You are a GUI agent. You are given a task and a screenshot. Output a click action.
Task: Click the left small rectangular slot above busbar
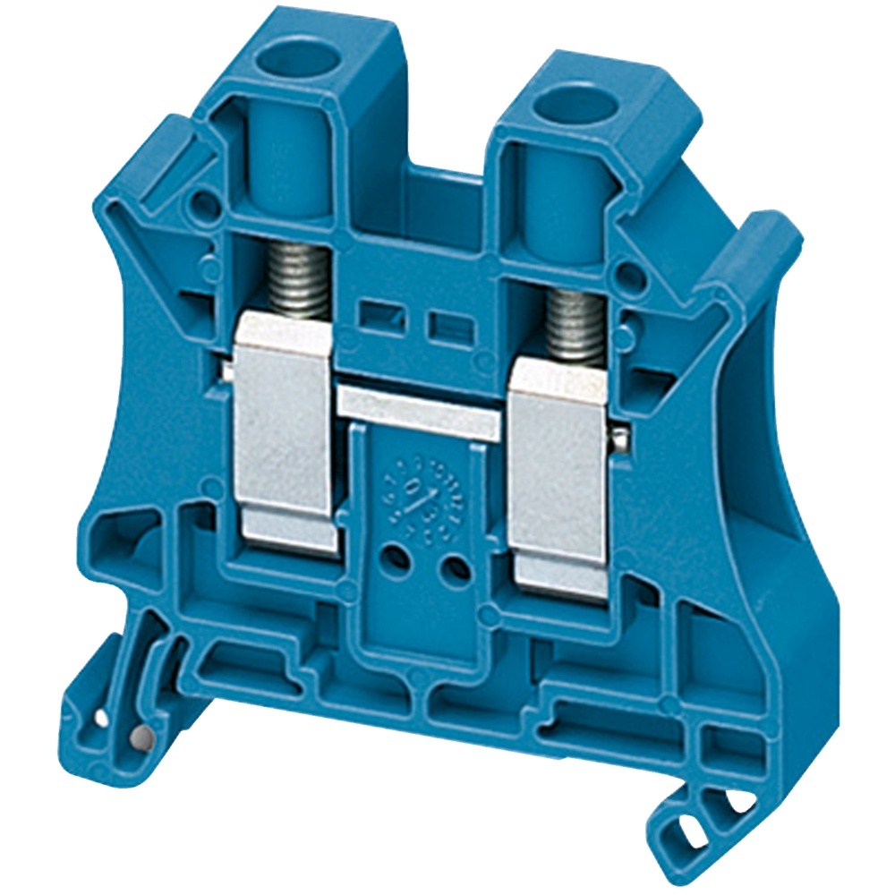(376, 312)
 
